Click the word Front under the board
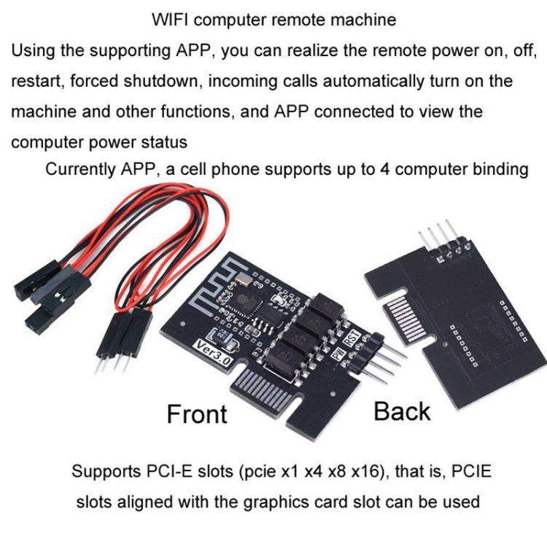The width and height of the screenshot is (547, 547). click(197, 414)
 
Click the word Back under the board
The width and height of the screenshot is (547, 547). click(402, 411)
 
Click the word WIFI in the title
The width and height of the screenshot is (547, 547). click(173, 20)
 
